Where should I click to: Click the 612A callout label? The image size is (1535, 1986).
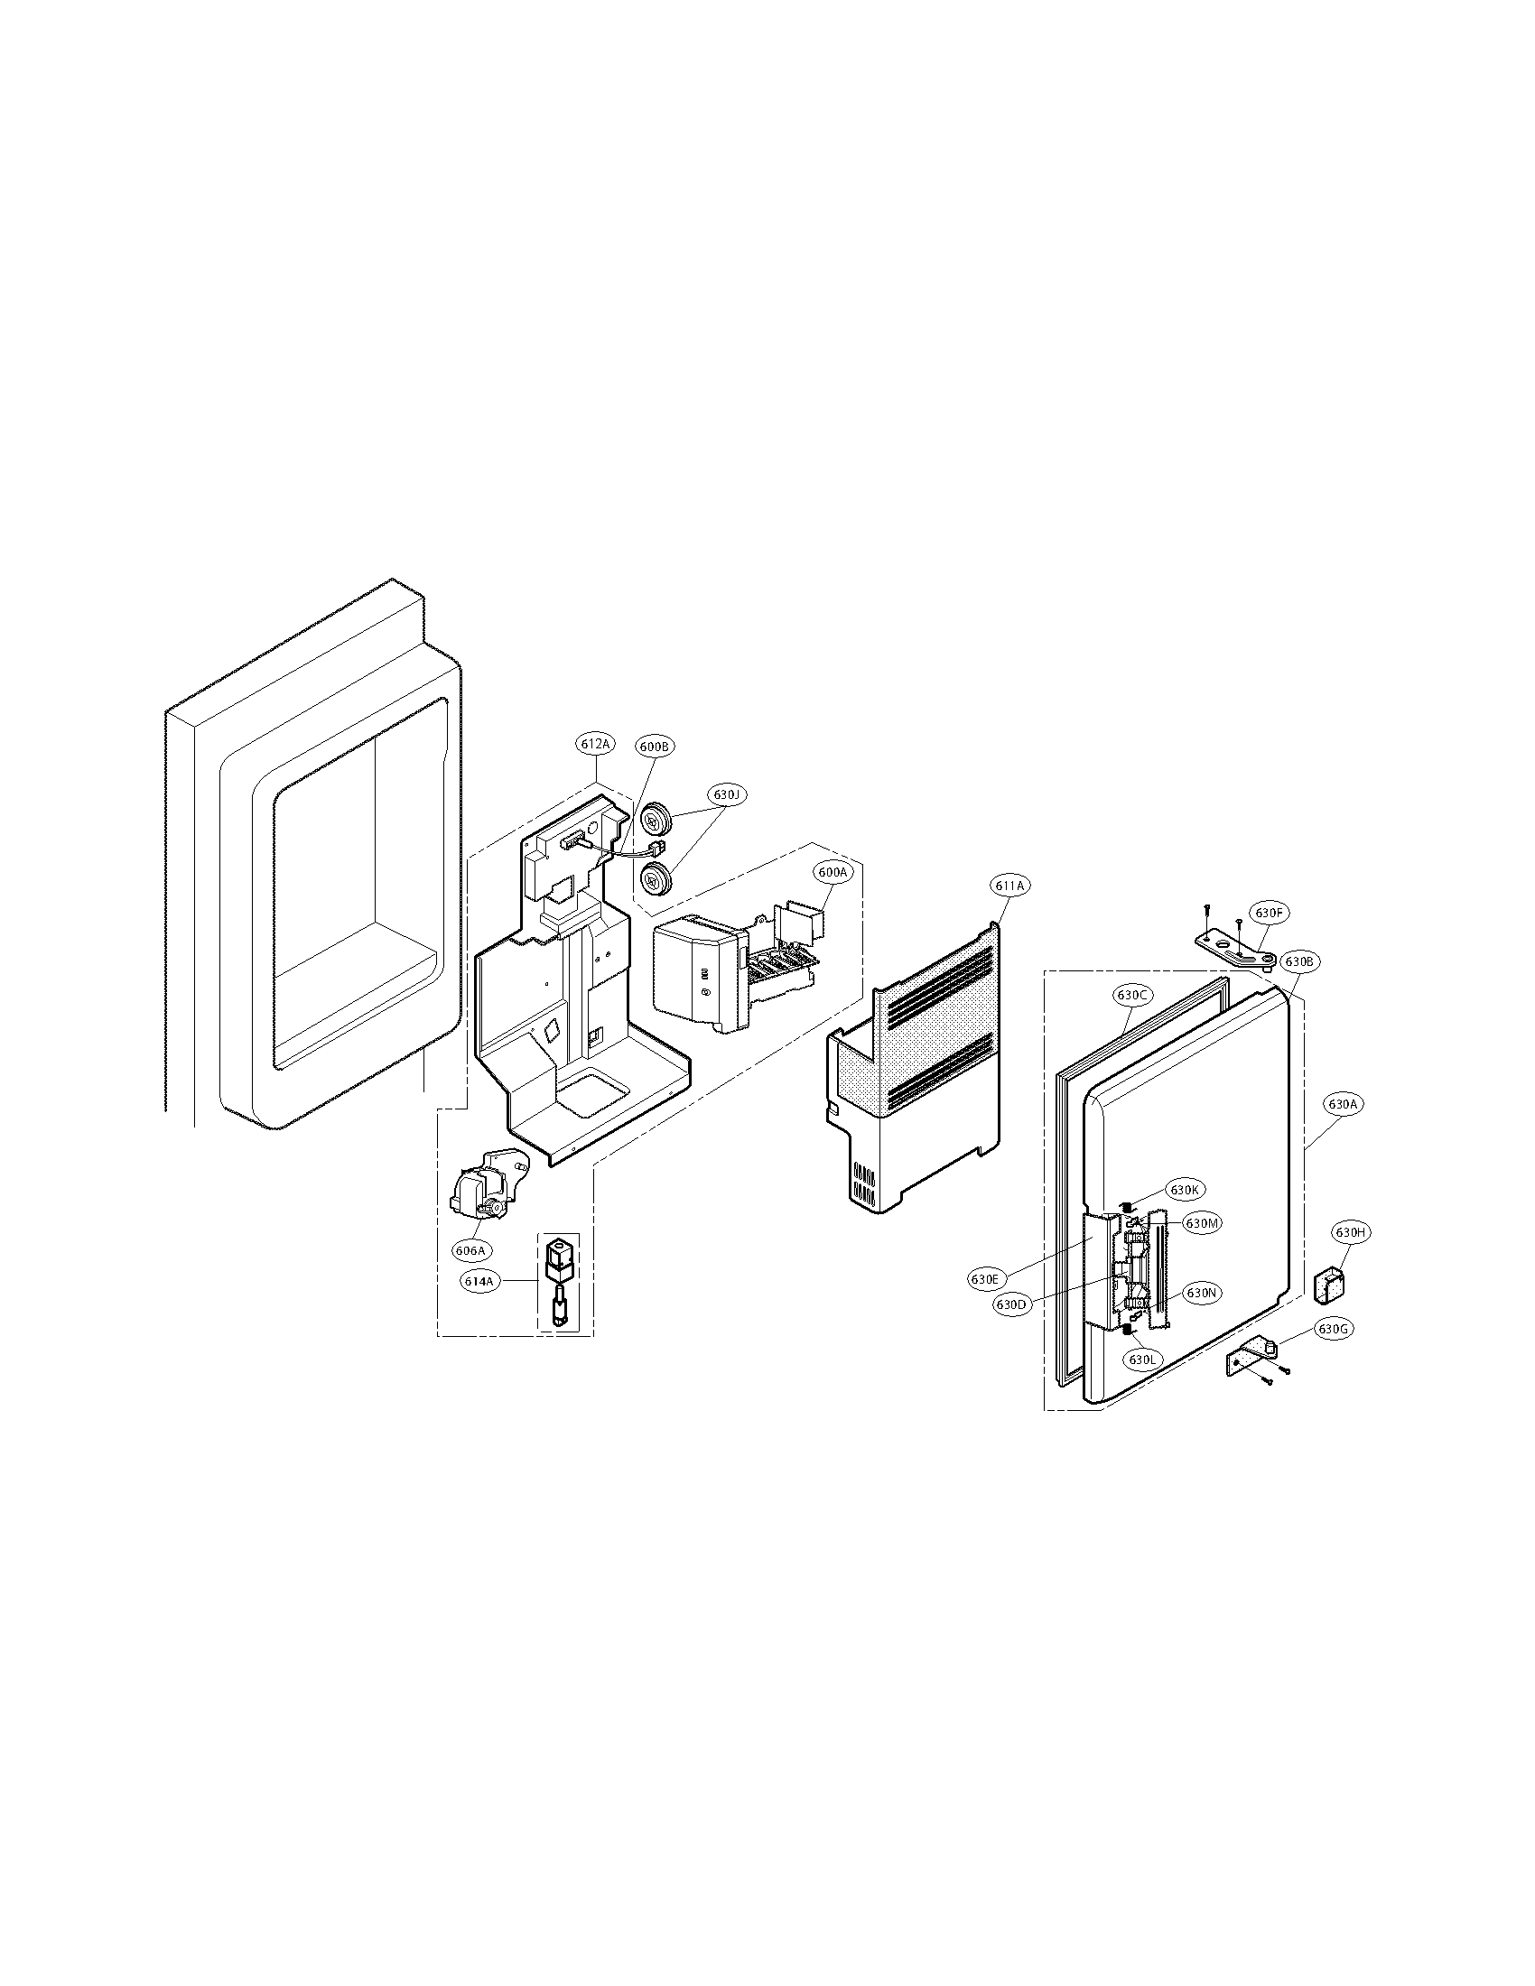point(596,744)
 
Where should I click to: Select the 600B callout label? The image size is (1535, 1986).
point(654,747)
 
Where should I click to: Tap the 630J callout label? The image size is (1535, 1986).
point(727,794)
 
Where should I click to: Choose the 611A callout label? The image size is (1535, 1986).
point(1009,885)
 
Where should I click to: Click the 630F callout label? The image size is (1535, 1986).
point(1270,912)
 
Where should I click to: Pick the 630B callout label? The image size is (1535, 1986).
point(1297,961)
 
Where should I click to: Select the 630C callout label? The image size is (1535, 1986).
point(1131,996)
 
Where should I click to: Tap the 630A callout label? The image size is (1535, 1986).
point(1342,1104)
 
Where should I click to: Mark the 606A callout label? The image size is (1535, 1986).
point(470,1250)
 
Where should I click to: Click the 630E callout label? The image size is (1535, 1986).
point(984,1278)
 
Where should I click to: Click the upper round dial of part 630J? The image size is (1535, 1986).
point(656,821)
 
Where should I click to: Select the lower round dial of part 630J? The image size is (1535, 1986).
point(655,879)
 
